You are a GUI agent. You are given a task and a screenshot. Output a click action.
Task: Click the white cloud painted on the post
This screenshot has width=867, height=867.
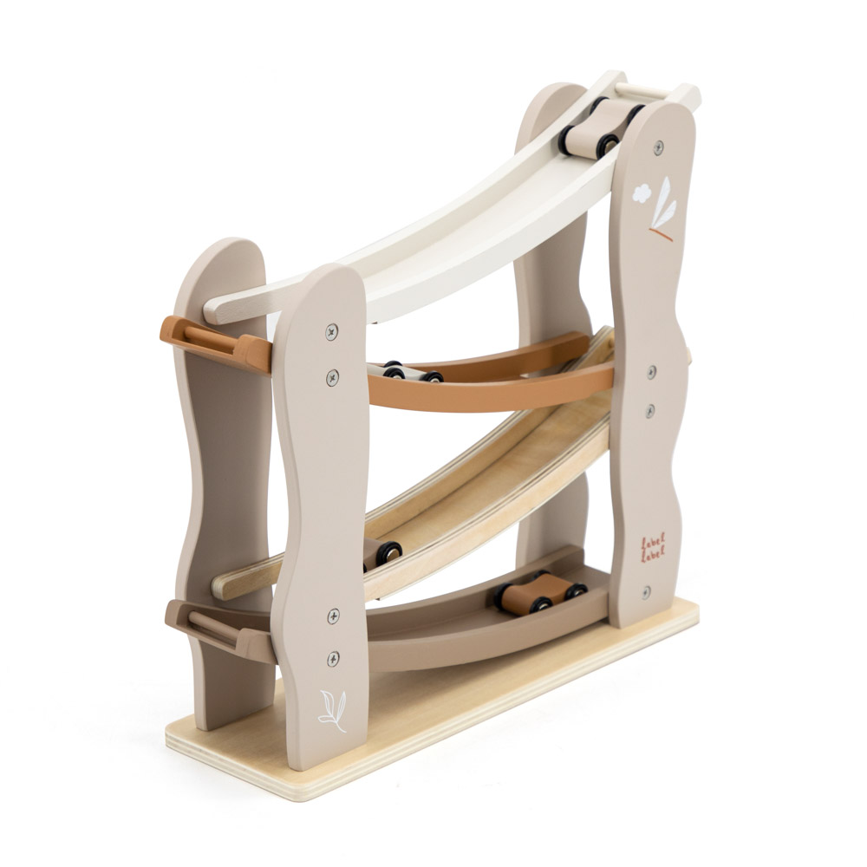pyautogui.click(x=642, y=192)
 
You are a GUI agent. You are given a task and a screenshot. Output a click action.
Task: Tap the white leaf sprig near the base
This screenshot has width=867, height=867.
pyautogui.click(x=332, y=711)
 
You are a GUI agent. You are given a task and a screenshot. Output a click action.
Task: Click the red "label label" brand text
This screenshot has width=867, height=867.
pyautogui.click(x=653, y=547)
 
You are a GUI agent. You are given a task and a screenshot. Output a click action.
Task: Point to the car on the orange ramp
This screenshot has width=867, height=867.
pyautogui.click(x=405, y=370)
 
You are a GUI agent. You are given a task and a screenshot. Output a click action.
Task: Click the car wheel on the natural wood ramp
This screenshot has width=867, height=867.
pyautogui.click(x=389, y=553)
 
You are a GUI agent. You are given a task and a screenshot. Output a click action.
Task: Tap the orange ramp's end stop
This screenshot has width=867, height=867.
pyautogui.click(x=216, y=342)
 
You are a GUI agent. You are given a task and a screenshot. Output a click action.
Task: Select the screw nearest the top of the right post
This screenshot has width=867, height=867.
pyautogui.click(x=658, y=147)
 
